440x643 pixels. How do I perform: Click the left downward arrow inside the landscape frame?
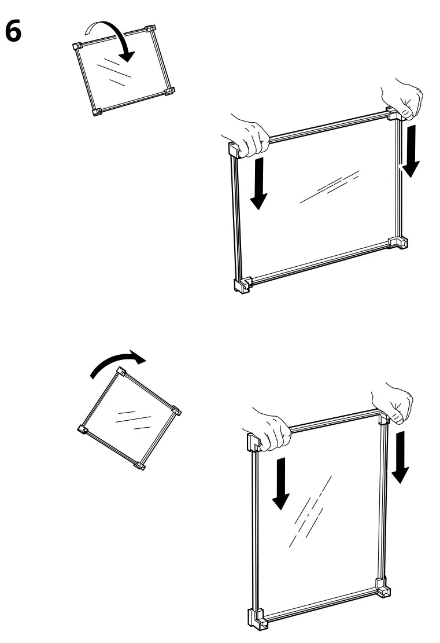[259, 182]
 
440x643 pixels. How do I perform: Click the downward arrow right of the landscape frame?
[411, 149]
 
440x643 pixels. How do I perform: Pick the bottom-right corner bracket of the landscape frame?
[398, 242]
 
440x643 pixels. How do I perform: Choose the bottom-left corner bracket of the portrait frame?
[257, 618]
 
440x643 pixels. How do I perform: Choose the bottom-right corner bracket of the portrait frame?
[383, 589]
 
